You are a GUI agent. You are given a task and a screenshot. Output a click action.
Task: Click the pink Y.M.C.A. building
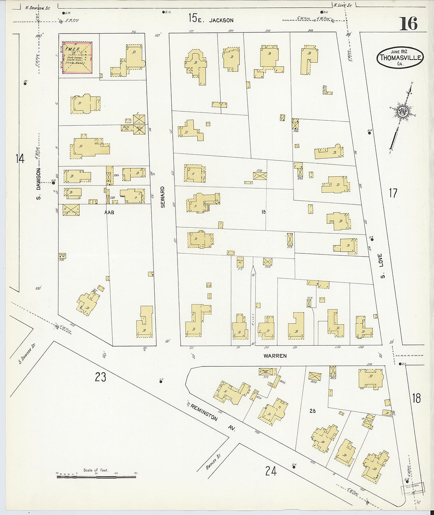(77, 58)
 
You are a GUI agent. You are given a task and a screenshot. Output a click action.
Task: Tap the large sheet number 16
(408, 24)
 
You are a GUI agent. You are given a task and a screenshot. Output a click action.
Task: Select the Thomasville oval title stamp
(400, 58)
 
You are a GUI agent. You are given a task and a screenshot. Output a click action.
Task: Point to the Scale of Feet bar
(96, 477)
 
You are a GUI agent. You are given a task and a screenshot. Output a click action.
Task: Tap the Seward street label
(163, 197)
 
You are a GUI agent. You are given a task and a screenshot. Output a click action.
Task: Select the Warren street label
(275, 356)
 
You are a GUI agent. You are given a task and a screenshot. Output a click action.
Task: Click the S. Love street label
(382, 268)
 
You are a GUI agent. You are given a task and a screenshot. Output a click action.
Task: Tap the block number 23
(101, 377)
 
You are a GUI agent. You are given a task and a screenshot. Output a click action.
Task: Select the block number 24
(271, 471)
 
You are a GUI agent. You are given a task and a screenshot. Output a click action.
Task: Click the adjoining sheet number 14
(20, 159)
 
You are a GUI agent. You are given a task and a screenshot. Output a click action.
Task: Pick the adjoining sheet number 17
(393, 193)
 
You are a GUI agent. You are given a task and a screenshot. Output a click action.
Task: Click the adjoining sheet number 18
(416, 398)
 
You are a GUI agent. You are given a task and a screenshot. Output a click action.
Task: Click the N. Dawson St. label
(37, 7)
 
